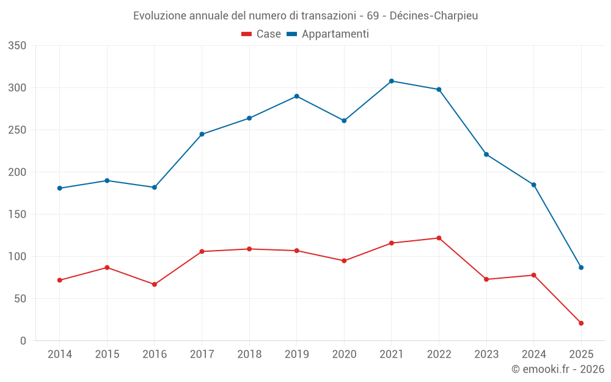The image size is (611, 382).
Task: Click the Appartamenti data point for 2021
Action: point(392,81)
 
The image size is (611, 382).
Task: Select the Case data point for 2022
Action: point(439,238)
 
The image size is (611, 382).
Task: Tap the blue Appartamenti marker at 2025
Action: point(581,267)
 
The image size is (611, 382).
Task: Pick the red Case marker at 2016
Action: point(155,284)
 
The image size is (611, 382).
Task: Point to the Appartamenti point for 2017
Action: point(202,134)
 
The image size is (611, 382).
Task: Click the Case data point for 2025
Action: point(581,323)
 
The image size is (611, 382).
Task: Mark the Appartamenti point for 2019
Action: point(296,96)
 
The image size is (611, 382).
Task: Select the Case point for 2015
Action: point(107,267)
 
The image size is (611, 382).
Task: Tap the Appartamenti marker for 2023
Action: point(486,154)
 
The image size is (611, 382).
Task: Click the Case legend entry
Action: point(261,34)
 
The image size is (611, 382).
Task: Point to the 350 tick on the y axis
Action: point(18,46)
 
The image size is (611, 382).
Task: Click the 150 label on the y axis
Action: point(18,215)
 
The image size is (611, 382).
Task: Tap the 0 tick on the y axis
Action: point(23,341)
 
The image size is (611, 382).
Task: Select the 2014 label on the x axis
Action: point(59,354)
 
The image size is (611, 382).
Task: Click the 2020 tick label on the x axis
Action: point(344,354)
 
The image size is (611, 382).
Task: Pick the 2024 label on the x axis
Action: point(533,354)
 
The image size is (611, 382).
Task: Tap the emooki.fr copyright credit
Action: point(557,369)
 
